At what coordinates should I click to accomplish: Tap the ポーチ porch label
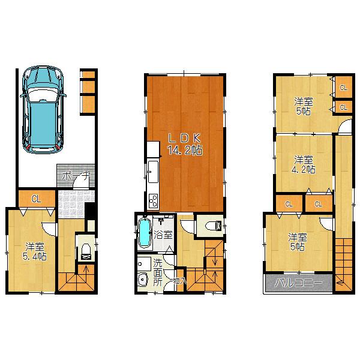point(75,176)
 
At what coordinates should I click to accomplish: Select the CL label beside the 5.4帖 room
point(36,199)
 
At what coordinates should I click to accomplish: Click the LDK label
point(184,137)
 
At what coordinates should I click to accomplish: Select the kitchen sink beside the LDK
point(152,172)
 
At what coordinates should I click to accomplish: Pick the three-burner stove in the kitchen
point(152,200)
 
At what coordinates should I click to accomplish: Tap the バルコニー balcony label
point(298,283)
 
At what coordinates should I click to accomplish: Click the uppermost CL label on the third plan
point(343,88)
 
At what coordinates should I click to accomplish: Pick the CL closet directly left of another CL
point(289,204)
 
